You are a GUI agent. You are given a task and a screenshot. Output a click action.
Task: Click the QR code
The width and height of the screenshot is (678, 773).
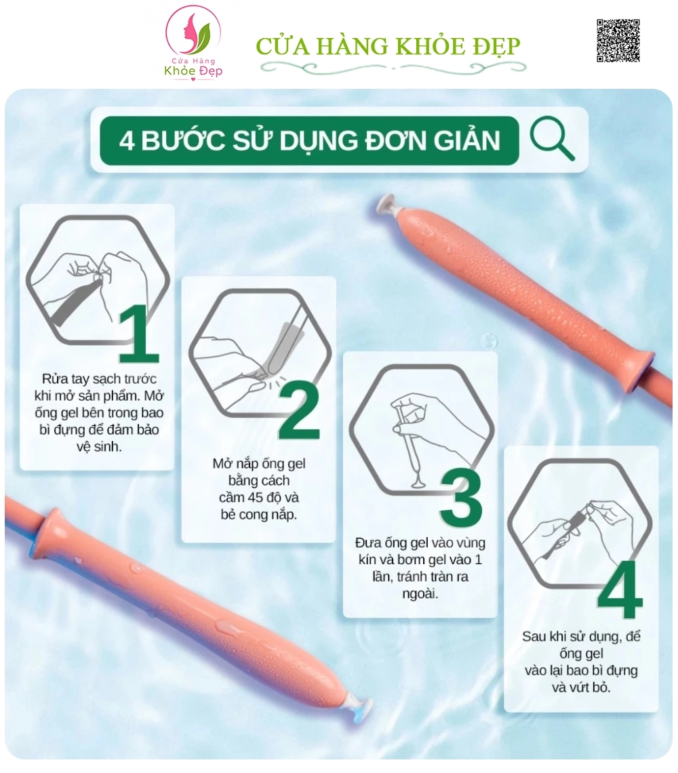click(x=618, y=41)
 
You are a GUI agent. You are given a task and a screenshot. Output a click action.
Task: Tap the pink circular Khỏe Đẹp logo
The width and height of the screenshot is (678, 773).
click(x=193, y=43)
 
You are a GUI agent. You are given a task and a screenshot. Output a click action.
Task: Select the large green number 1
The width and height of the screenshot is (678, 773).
click(x=139, y=333)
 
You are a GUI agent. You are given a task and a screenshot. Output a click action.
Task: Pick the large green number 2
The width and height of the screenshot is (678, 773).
click(x=299, y=410)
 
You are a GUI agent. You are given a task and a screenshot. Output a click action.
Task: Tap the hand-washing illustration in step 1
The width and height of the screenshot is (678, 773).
click(x=98, y=280)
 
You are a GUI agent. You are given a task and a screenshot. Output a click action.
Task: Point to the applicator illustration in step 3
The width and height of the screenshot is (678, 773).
click(x=421, y=430)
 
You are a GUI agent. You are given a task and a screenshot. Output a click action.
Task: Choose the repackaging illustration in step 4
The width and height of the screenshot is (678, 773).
click(x=580, y=524)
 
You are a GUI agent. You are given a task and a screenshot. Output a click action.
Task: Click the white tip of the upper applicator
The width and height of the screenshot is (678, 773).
click(x=386, y=203)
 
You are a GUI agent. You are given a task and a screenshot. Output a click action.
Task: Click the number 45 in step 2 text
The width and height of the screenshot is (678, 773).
click(x=255, y=498)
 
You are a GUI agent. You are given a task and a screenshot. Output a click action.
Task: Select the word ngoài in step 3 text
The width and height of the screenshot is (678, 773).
click(x=420, y=594)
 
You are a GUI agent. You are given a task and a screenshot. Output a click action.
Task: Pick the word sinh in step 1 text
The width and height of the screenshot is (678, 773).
click(x=110, y=447)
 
